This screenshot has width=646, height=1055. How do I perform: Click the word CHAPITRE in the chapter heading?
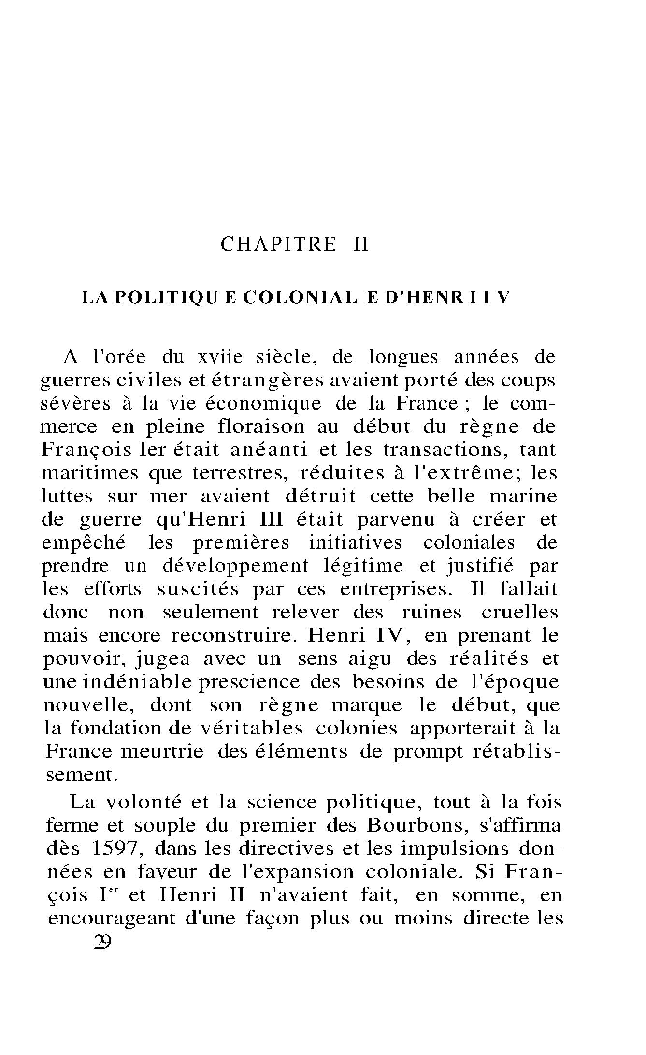point(278,245)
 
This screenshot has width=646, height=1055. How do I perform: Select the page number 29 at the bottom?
point(103,942)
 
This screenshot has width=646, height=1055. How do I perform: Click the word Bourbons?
point(417,825)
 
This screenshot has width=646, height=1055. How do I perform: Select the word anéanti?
point(268,450)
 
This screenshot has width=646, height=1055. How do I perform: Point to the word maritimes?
point(90,473)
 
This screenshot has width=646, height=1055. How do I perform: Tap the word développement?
point(235,566)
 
